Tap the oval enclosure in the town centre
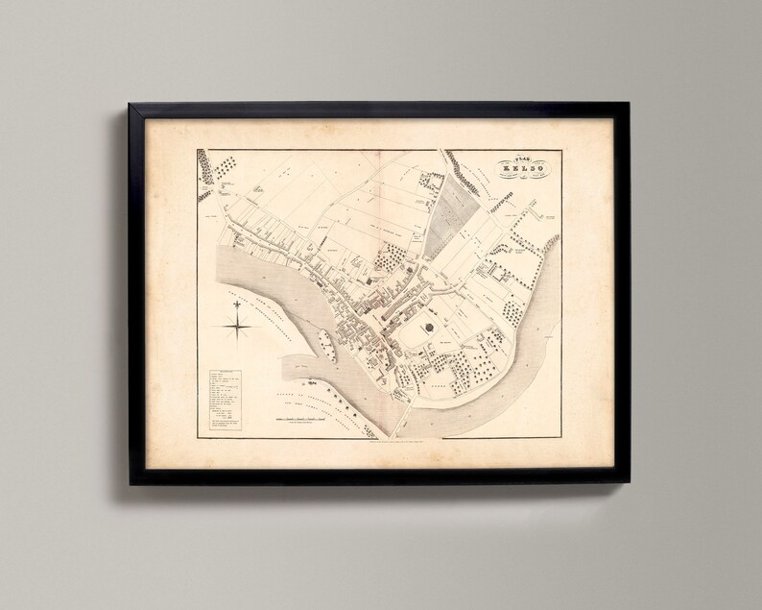click(x=430, y=331)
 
